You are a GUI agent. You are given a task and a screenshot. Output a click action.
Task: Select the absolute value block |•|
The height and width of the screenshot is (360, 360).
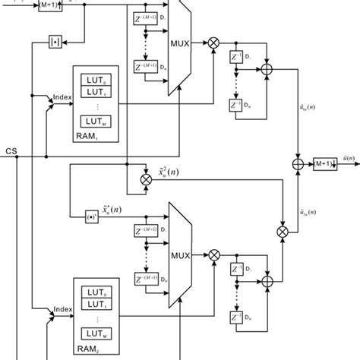pos(55,40)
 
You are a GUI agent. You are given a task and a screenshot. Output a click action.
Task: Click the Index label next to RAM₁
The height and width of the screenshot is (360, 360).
pos(62,97)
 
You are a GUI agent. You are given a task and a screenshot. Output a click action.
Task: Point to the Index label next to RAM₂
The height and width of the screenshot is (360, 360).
pos(62,310)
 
